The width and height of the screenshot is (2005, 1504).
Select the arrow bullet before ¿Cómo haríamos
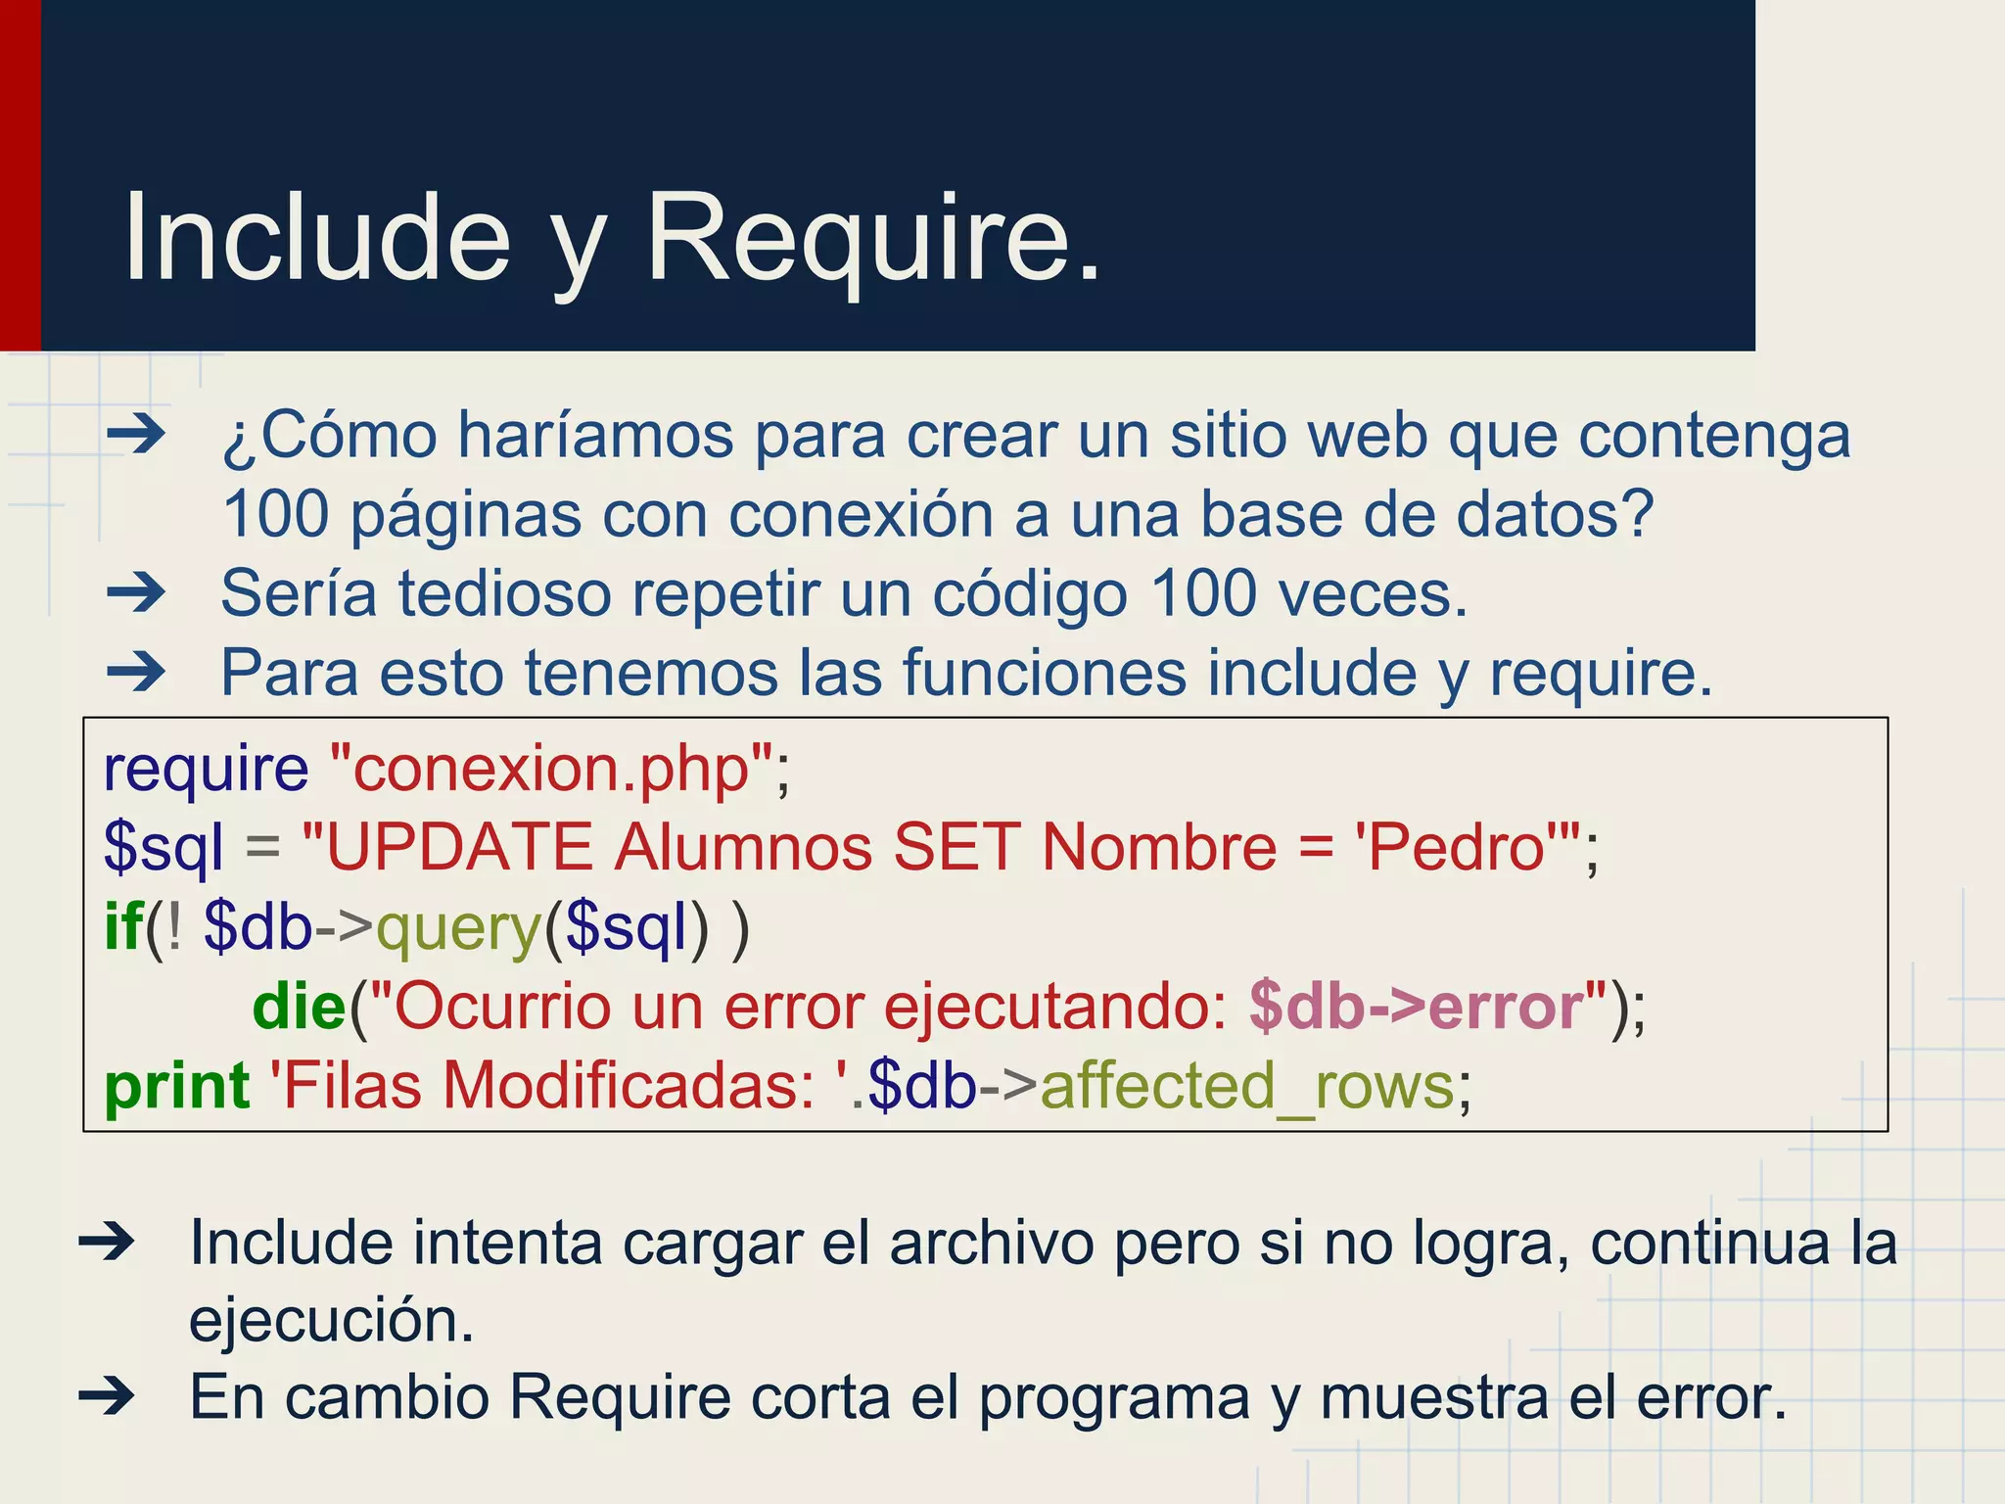136,434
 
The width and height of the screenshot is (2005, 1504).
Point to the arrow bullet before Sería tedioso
136,591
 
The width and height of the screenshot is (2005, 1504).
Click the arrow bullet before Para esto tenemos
136,672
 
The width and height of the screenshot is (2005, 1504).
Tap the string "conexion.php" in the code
552,769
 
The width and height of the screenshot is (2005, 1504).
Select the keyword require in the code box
206,769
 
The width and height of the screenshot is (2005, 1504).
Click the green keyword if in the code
122,926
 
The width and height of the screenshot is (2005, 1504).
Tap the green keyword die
299,1007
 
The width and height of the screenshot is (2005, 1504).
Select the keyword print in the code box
176,1087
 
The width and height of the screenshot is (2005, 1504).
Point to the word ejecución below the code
331,1322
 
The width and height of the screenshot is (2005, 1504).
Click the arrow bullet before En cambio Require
107,1396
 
